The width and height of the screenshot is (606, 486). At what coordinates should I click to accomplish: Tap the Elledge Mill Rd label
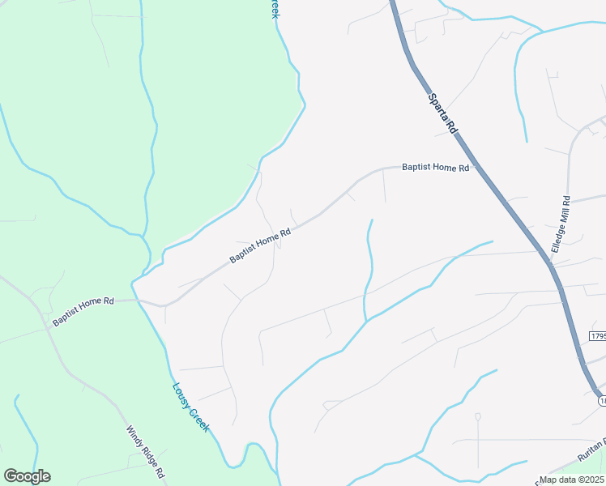click(x=560, y=224)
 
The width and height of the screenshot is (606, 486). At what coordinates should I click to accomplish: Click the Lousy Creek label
click(x=190, y=406)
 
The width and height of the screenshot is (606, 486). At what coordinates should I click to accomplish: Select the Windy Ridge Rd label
click(x=146, y=451)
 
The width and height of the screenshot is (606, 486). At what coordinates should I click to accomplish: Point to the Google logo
click(x=27, y=475)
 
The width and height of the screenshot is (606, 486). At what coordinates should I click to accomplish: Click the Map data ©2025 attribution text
click(x=572, y=480)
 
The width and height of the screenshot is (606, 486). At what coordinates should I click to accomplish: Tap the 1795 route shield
click(x=598, y=335)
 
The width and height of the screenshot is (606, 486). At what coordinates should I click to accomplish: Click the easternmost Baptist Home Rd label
click(x=436, y=168)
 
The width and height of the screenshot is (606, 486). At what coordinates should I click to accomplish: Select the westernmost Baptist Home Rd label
click(x=83, y=310)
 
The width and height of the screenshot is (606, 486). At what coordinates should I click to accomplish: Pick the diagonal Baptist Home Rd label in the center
click(x=259, y=246)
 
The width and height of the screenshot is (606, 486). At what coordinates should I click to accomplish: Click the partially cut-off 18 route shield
click(x=602, y=400)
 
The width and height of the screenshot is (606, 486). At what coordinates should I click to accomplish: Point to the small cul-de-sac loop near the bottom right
click(x=478, y=417)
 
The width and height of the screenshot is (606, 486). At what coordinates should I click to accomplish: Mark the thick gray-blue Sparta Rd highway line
click(x=519, y=219)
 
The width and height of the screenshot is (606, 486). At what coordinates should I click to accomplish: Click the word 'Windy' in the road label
click(x=133, y=436)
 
